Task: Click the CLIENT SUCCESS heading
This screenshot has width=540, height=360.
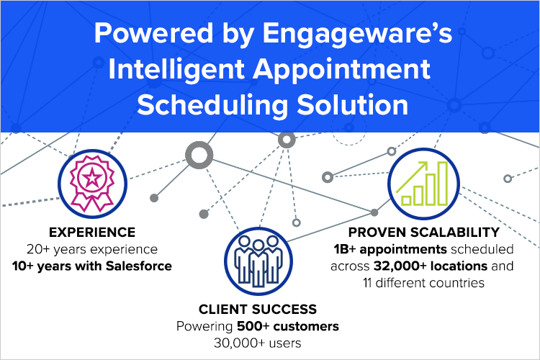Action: [257, 310]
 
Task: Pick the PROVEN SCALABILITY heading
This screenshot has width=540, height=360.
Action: [423, 233]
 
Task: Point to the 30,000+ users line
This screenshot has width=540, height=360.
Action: [257, 343]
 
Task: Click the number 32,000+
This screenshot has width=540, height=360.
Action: [393, 266]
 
